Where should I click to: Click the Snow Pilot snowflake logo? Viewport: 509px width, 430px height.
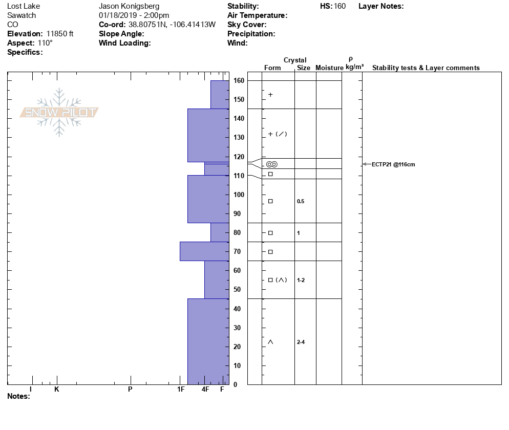click(x=59, y=112)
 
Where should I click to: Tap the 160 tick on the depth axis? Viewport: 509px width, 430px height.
click(x=239, y=80)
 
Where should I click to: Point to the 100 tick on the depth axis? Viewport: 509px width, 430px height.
click(x=239, y=195)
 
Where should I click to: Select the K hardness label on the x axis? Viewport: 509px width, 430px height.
click(x=57, y=390)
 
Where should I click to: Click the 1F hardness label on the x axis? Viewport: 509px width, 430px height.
click(x=180, y=390)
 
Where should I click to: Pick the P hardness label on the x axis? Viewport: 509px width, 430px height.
click(x=130, y=390)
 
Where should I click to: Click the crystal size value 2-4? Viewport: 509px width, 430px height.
click(x=301, y=342)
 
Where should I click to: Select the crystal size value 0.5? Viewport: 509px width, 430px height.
click(x=301, y=201)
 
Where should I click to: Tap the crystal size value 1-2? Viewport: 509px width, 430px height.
click(x=301, y=280)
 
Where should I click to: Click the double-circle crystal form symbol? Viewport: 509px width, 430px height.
click(x=271, y=164)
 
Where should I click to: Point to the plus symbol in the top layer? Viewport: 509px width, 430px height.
click(x=270, y=95)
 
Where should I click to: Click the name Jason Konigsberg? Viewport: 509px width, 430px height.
click(x=129, y=6)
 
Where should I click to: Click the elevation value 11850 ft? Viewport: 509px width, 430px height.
click(x=60, y=34)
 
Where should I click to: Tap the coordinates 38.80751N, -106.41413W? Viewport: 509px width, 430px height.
click(x=172, y=25)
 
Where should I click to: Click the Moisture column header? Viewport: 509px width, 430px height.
click(x=329, y=68)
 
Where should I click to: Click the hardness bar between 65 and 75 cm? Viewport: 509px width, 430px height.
click(x=204, y=251)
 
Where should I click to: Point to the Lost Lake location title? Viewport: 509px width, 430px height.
click(x=24, y=6)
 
